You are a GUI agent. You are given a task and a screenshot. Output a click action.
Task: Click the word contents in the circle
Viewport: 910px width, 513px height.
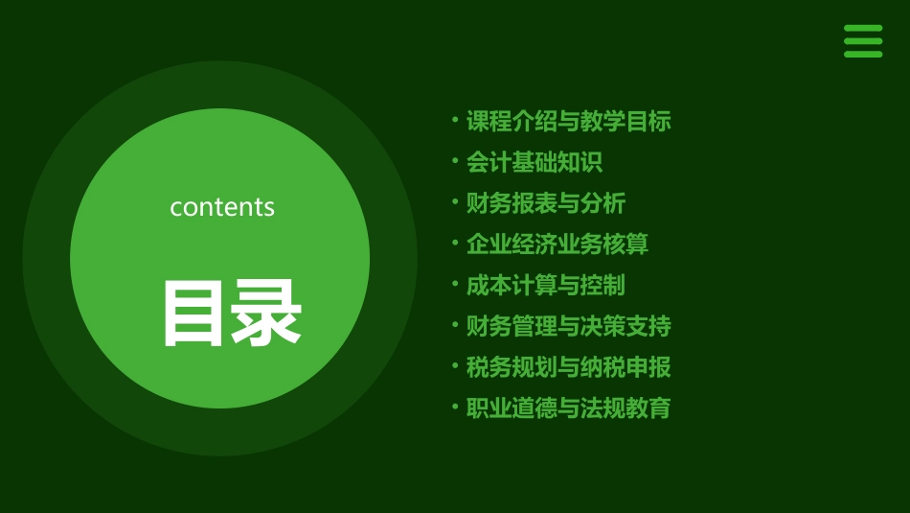pos(222,207)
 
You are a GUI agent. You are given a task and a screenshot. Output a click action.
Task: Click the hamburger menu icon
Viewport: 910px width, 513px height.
pos(862,41)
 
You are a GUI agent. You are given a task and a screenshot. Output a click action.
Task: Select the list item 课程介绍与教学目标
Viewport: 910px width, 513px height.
pos(568,122)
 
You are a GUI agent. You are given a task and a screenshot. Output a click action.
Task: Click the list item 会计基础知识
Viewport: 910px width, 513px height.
pos(534,163)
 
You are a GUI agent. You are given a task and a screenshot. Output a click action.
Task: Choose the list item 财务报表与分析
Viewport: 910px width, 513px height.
pos(545,203)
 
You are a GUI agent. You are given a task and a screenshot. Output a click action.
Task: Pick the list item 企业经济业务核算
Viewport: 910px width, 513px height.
pos(557,245)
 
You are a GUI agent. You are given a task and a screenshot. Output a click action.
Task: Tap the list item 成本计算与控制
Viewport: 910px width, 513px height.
pos(545,286)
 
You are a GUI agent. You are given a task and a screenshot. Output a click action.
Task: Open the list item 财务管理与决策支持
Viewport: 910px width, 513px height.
pos(568,326)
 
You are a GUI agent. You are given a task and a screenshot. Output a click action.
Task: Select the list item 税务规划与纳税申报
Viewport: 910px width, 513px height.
pos(568,367)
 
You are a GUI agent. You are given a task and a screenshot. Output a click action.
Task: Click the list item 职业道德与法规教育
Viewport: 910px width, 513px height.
pos(568,408)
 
